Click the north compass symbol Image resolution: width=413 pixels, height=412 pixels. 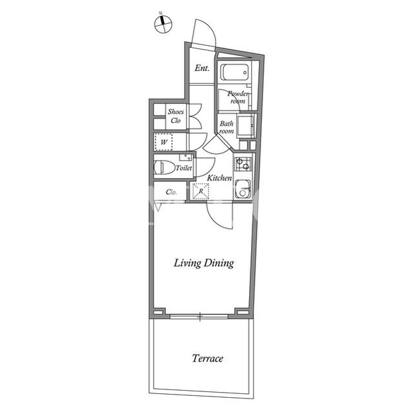tap(163, 25)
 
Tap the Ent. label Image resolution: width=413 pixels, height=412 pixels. tap(202, 68)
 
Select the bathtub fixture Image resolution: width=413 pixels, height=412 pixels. tap(234, 72)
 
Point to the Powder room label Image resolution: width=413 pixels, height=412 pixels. tap(238, 97)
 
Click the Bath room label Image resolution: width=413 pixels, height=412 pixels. tap(227, 127)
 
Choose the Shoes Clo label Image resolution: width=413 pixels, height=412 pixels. tap(176, 116)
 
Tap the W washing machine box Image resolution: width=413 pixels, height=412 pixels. tap(163, 142)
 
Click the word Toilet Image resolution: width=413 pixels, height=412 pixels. tap(184, 168)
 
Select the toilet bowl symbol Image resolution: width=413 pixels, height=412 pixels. tap(165, 168)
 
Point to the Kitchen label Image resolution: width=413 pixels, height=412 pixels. tap(219, 178)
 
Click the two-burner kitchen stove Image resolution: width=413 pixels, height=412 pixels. tap(243, 164)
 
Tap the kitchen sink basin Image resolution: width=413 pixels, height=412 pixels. tap(243, 189)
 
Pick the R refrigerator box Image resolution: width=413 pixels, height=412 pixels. tap(201, 191)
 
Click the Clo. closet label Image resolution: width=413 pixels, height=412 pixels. tap(171, 192)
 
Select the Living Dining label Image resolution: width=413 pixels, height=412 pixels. tap(204, 263)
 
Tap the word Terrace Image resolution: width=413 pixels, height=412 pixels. tap(208, 358)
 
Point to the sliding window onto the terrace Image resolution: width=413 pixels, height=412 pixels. tap(199, 316)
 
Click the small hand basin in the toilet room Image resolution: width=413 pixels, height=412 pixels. tap(186, 157)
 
